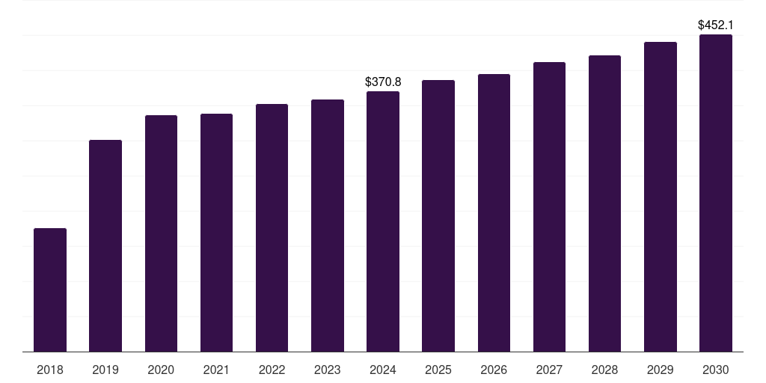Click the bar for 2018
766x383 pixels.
pos(50,289)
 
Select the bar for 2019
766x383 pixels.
pos(105,245)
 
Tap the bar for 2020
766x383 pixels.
pos(162,233)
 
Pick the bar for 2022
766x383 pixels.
pos(272,227)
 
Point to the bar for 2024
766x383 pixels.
pos(383,221)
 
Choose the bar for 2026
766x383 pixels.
pos(494,213)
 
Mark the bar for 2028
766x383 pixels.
pos(604,203)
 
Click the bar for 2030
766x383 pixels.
pos(716,193)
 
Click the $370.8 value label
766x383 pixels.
pos(383,82)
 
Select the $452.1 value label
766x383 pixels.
pos(716,25)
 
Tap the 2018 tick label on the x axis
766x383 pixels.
pos(50,370)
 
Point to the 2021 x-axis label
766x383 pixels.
pos(216,370)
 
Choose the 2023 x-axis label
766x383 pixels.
pos(328,370)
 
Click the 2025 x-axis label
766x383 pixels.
pos(438,370)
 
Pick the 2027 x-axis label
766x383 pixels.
pos(549,370)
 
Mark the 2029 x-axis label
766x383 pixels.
pos(660,370)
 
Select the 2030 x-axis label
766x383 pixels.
pos(716,370)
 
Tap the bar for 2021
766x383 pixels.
pos(216,233)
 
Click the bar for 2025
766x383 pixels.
pos(438,216)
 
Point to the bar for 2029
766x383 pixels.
pos(661,197)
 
